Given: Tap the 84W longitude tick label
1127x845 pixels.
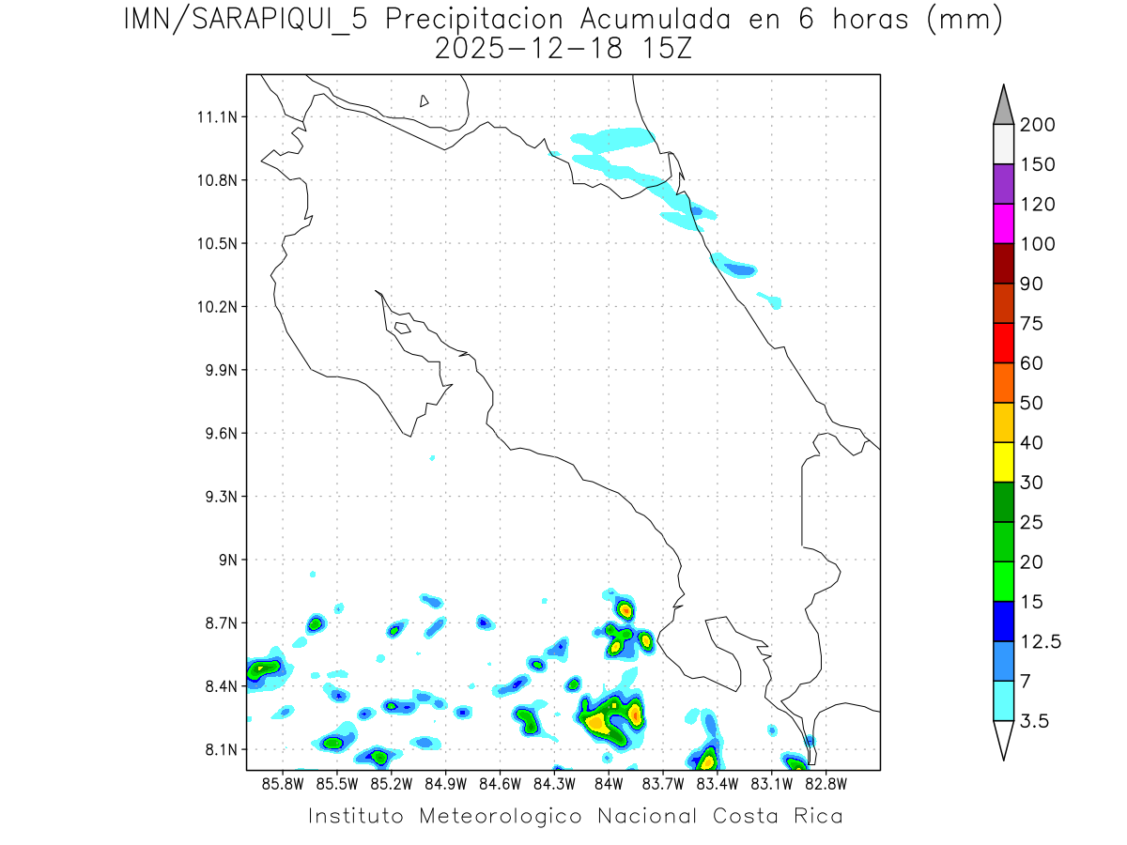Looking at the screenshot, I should [x=609, y=783].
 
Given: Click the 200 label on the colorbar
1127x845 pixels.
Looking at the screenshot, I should [x=1038, y=125].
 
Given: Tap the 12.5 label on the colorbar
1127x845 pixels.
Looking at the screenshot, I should [x=1041, y=642].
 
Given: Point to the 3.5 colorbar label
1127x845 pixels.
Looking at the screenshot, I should [x=1034, y=721].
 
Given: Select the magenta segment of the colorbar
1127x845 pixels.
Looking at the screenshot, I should [x=1003, y=223].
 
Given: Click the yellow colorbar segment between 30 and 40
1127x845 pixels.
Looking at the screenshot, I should [x=1003, y=462].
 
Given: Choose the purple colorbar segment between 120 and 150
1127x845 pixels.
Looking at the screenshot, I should [x=1003, y=184].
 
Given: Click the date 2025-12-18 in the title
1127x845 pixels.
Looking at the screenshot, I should [x=528, y=50].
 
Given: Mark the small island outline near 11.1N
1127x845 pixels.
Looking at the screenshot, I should [x=425, y=100].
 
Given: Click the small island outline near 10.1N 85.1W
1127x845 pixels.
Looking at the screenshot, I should [x=402, y=328].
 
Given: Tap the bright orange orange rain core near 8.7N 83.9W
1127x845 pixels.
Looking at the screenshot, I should [x=625, y=610].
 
